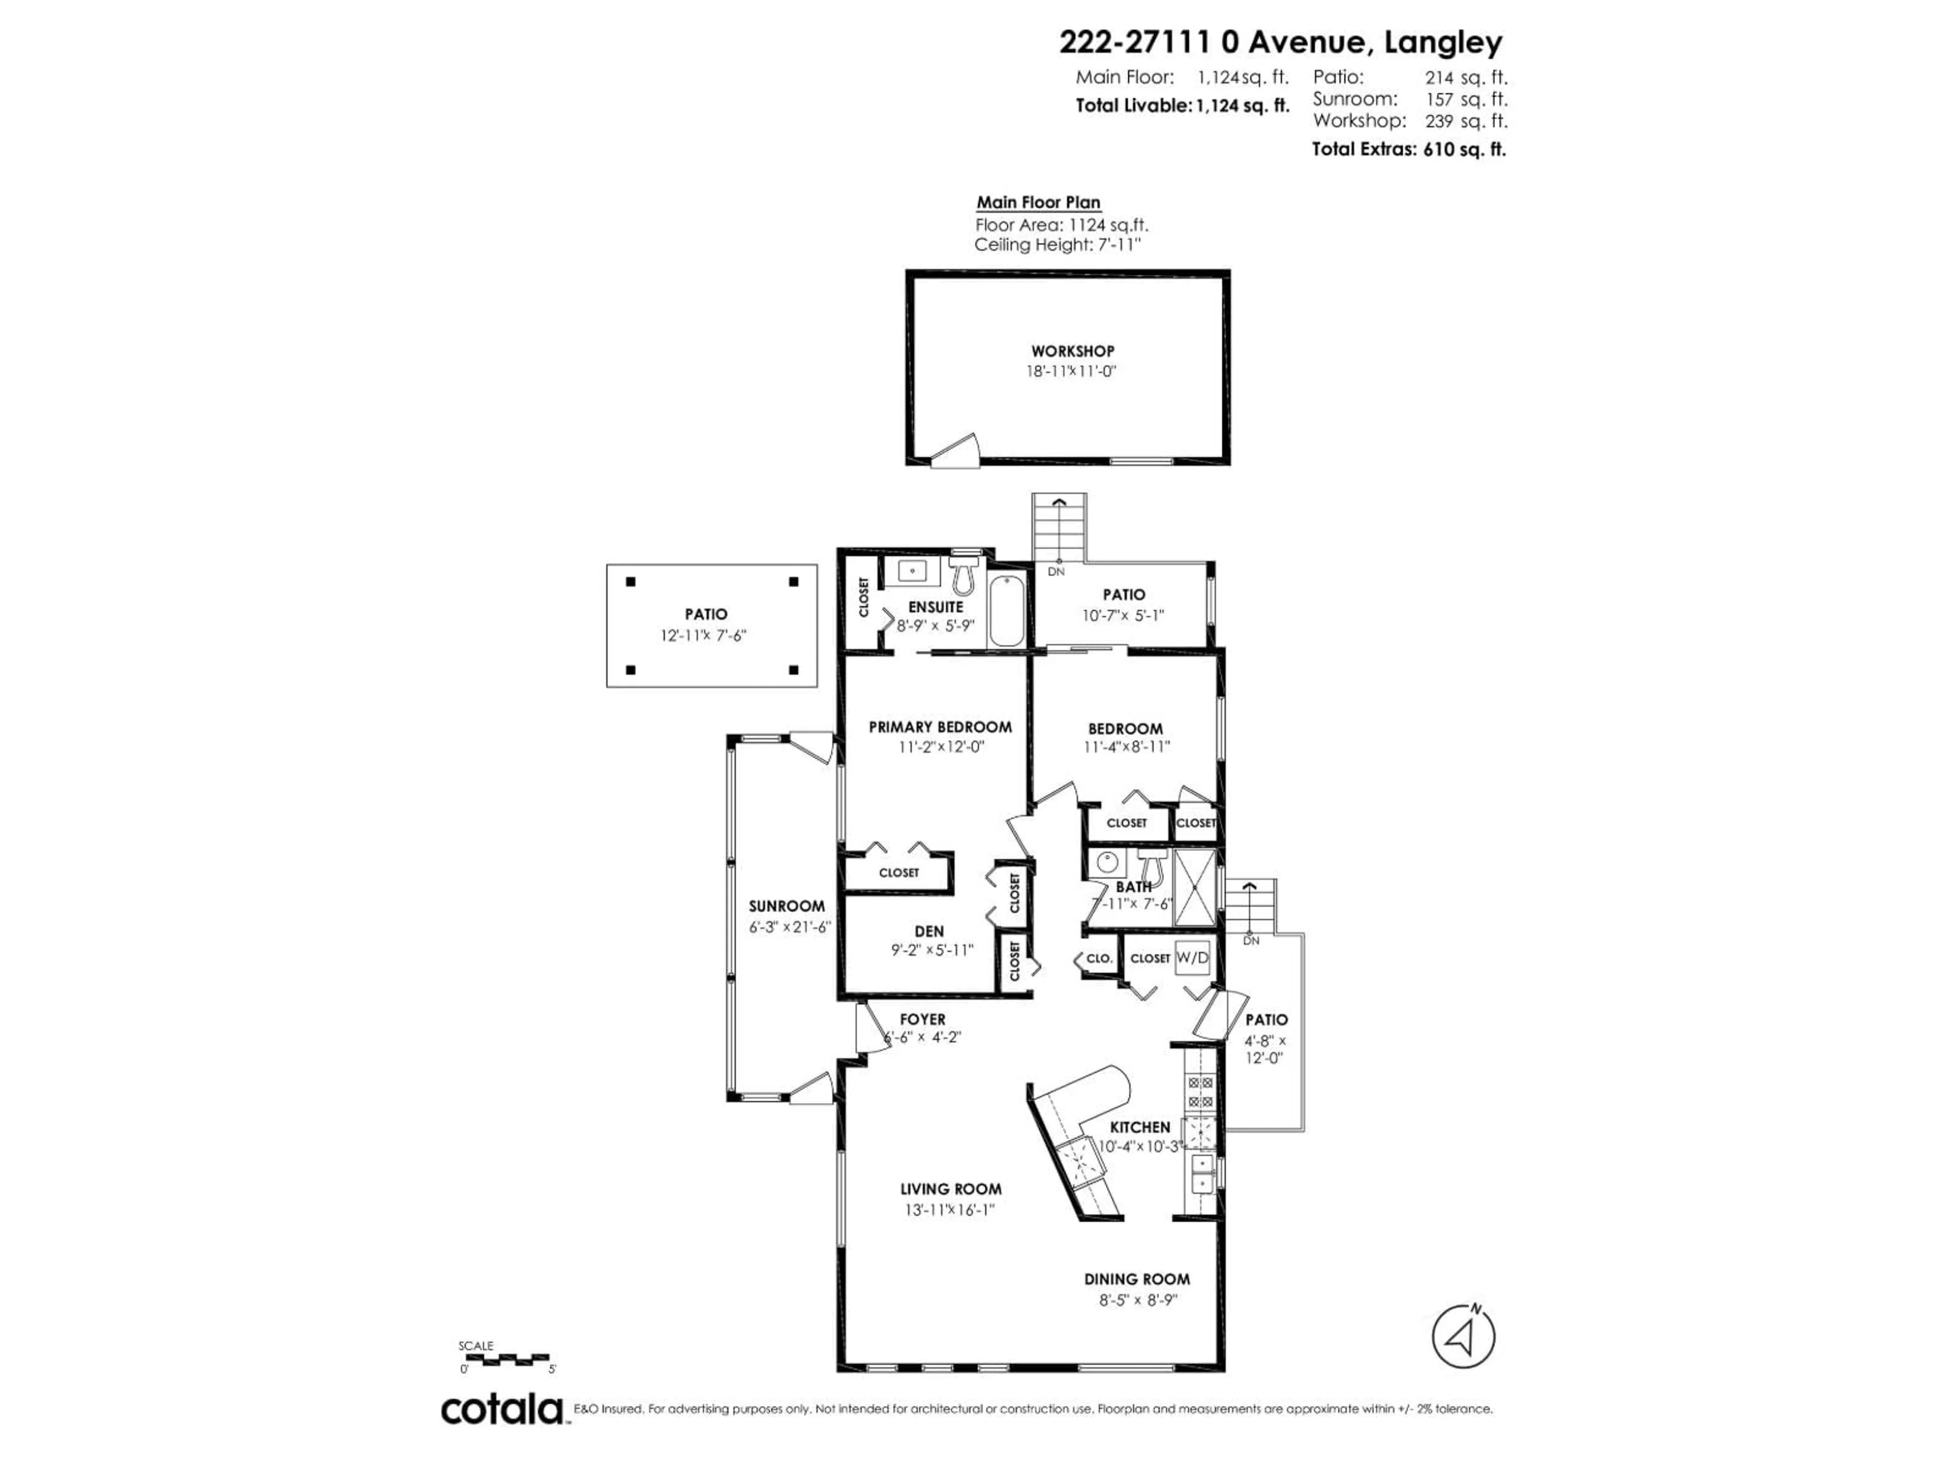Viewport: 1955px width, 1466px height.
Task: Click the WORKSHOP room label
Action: tap(1072, 351)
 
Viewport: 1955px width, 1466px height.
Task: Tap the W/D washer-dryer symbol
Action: tap(1191, 958)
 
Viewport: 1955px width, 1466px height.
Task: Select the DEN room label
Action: tap(929, 932)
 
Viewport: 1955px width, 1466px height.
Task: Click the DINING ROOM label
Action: tap(1136, 1279)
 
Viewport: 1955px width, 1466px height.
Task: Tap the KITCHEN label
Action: tap(1139, 1126)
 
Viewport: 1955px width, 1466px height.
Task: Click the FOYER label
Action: tap(923, 1019)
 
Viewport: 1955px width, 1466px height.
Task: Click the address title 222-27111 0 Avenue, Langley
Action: tap(1280, 42)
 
